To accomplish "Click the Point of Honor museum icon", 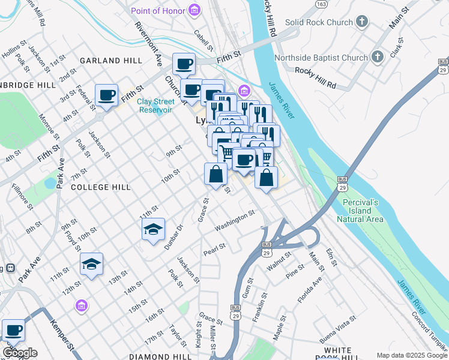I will (x=194, y=10).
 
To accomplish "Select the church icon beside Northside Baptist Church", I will (x=378, y=58).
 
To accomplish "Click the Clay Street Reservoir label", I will (x=155, y=106).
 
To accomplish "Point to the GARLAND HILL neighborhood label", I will (x=111, y=61).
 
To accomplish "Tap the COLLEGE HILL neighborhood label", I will (x=100, y=187).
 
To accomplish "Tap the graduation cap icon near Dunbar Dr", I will (x=153, y=229).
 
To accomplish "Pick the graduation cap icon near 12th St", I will (x=91, y=263).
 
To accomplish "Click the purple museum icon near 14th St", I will (x=81, y=307).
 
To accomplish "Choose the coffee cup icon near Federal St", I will (x=106, y=95).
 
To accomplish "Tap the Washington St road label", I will (x=235, y=220).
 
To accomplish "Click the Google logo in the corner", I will (x=20, y=353).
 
